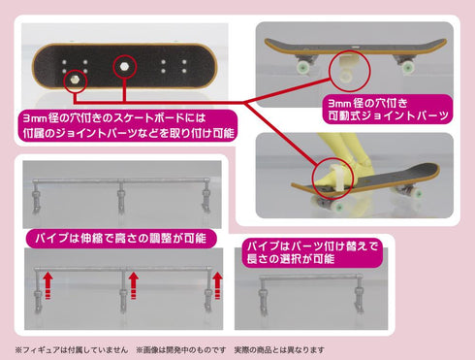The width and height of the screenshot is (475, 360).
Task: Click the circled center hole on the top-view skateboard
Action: click(x=124, y=64)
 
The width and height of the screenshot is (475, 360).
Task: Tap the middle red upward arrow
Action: click(x=134, y=284)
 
